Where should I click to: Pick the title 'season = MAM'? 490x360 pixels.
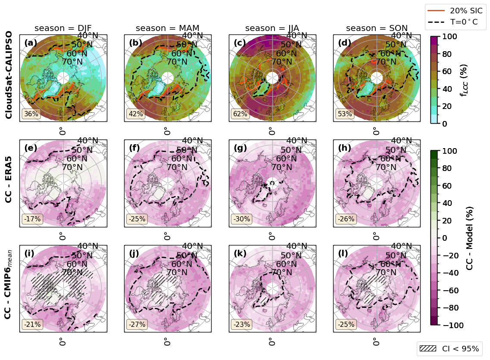167,28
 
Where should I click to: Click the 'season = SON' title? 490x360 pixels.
377,28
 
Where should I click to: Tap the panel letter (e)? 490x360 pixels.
31,148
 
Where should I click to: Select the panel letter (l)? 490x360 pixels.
345,254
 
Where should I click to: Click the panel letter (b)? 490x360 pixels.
135,43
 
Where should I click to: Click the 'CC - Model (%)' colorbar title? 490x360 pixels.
469,237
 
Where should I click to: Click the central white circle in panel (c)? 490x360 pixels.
272,78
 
